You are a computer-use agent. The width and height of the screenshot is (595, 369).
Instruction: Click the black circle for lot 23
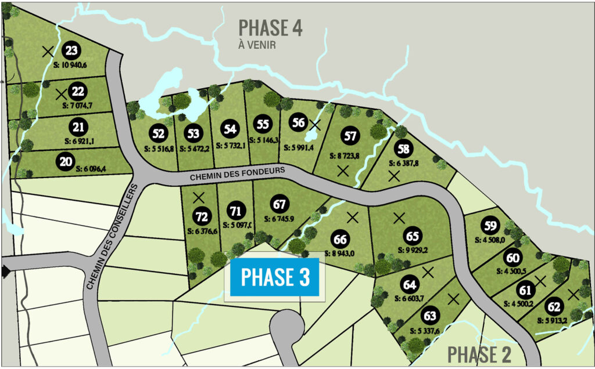[71, 51]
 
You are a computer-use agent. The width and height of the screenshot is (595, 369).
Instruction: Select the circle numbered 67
[280, 205]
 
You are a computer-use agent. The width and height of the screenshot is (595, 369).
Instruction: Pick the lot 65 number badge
[413, 237]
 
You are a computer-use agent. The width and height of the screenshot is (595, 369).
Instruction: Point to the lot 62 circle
[554, 307]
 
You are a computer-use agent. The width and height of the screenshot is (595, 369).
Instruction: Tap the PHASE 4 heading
[271, 27]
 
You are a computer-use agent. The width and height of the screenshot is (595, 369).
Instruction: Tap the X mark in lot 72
[199, 198]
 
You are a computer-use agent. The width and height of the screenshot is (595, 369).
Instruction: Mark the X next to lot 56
[314, 124]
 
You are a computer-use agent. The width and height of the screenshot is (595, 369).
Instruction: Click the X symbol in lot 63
[454, 299]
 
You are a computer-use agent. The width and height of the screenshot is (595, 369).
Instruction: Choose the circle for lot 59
[491, 226]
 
